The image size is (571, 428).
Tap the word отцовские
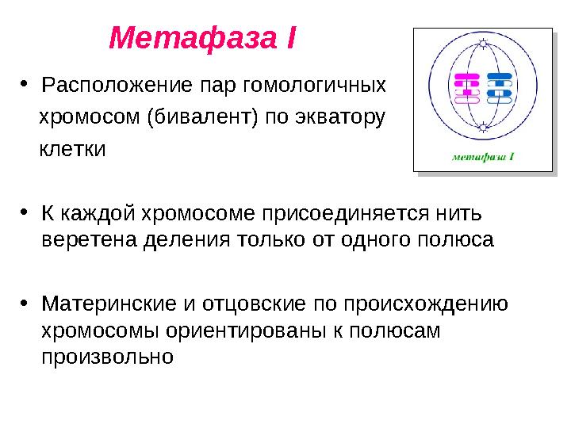click(247, 304)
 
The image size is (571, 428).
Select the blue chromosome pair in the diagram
click(499, 89)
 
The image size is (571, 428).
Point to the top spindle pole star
click(482, 44)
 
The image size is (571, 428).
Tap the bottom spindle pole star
click(482, 126)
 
